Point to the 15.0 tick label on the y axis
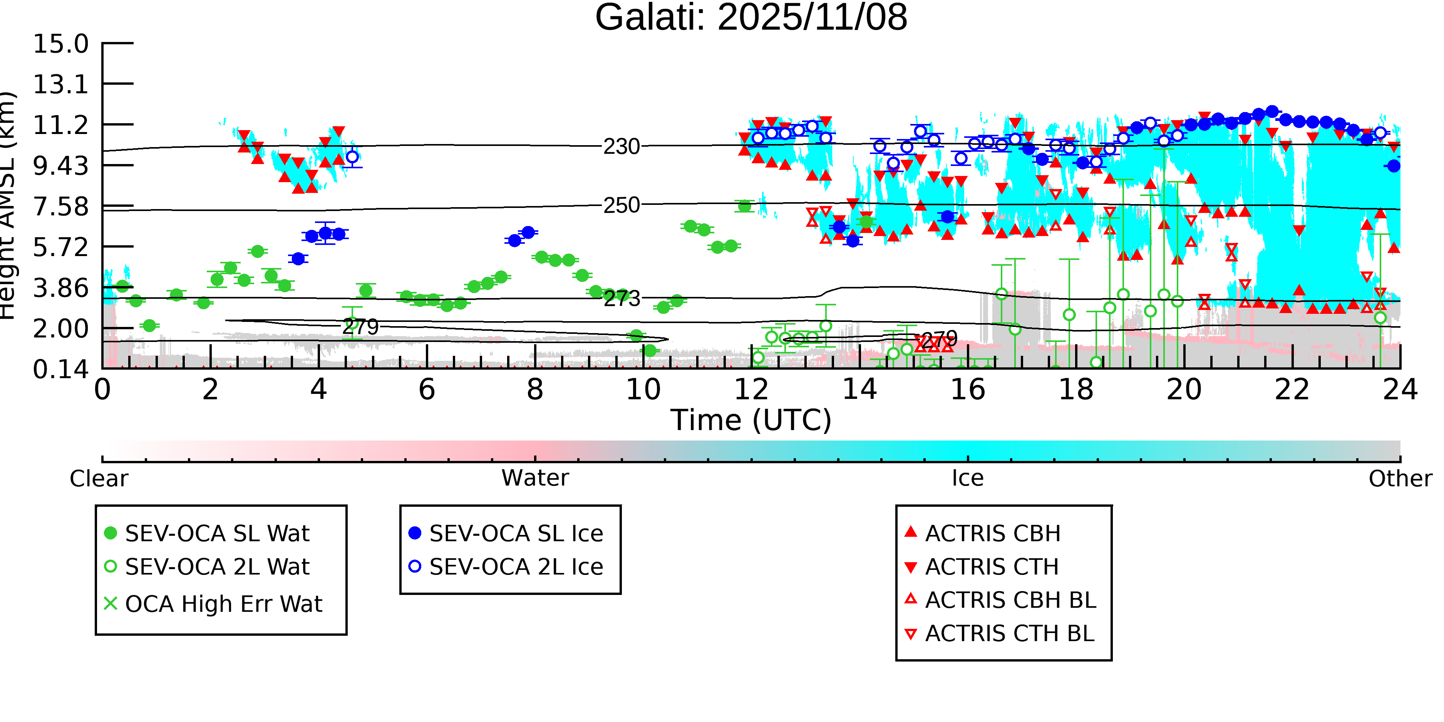[x=60, y=44]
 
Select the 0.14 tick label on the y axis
[x=60, y=369]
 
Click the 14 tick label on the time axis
[x=859, y=390]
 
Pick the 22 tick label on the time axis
[x=1292, y=390]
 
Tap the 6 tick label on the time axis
[x=427, y=390]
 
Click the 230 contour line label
[x=621, y=147]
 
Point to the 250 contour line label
[x=621, y=206]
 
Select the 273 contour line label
[x=621, y=299]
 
